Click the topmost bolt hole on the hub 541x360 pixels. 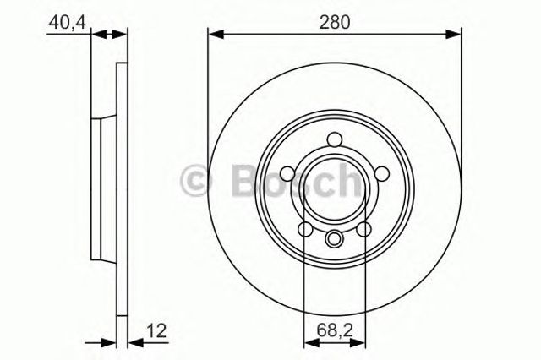pos(335,139)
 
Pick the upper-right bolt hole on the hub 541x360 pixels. pos(381,173)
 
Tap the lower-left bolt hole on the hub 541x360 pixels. pos(305,229)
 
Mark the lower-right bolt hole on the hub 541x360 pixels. pos(364,229)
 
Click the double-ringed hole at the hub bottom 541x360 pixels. pos(335,238)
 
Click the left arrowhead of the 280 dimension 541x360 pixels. pos(214,34)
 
